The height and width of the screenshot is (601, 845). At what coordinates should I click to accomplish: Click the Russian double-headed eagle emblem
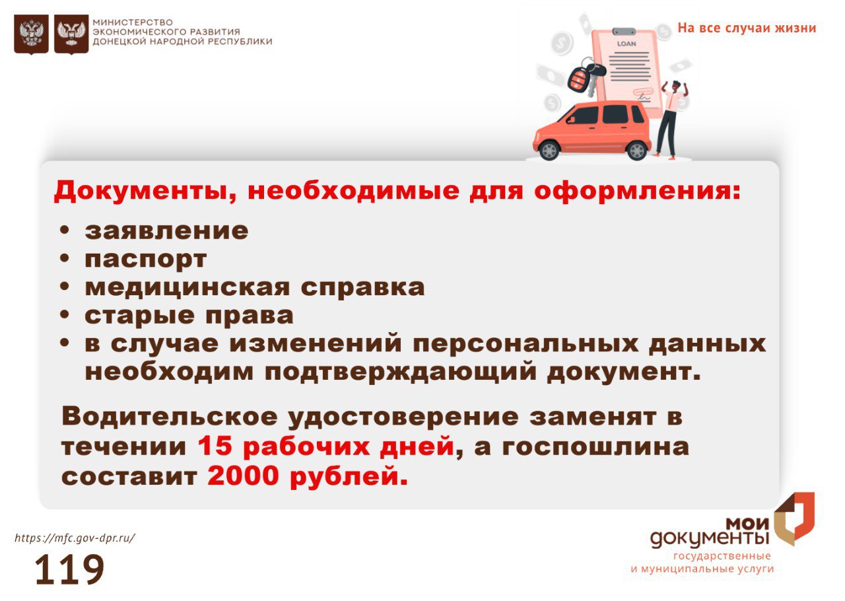pos(31,34)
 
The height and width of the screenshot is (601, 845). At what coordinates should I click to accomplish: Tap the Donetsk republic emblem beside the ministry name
pos(71,34)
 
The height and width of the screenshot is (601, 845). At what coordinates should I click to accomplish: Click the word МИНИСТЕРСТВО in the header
pos(133,22)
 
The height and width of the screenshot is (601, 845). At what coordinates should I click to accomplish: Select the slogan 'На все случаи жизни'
pos(747,28)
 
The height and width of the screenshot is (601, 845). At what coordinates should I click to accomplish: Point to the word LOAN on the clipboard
pos(626,44)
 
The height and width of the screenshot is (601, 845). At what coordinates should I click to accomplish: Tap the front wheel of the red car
pos(549,149)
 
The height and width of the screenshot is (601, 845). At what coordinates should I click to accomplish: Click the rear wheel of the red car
pos(637,150)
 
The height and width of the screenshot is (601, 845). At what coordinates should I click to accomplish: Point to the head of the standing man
pos(677,86)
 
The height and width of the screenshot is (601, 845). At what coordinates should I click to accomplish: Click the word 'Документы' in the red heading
pos(145,191)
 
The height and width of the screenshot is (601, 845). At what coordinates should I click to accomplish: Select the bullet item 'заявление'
pos(166,231)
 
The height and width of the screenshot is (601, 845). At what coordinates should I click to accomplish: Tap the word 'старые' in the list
pos(139,316)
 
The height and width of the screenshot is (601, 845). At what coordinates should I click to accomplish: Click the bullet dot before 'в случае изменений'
pos(65,343)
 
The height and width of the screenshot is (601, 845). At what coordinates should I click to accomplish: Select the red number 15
pos(215,446)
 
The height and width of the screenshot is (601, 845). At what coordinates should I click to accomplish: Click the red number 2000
pos(243,476)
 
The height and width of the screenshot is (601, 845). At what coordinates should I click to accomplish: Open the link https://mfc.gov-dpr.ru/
pos(75,538)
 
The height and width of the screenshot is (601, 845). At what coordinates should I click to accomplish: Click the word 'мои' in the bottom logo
pos(748,524)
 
